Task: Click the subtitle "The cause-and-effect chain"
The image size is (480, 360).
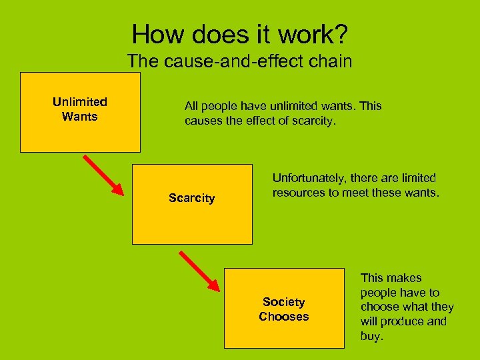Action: [239, 61]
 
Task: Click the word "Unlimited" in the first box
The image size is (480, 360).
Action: [80, 102]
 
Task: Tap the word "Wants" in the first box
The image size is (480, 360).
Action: [80, 117]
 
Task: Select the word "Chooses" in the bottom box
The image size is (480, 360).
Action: [284, 317]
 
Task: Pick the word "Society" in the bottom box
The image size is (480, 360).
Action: [284, 302]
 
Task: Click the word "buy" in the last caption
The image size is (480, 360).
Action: [371, 337]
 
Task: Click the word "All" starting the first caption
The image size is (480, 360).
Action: [191, 107]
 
